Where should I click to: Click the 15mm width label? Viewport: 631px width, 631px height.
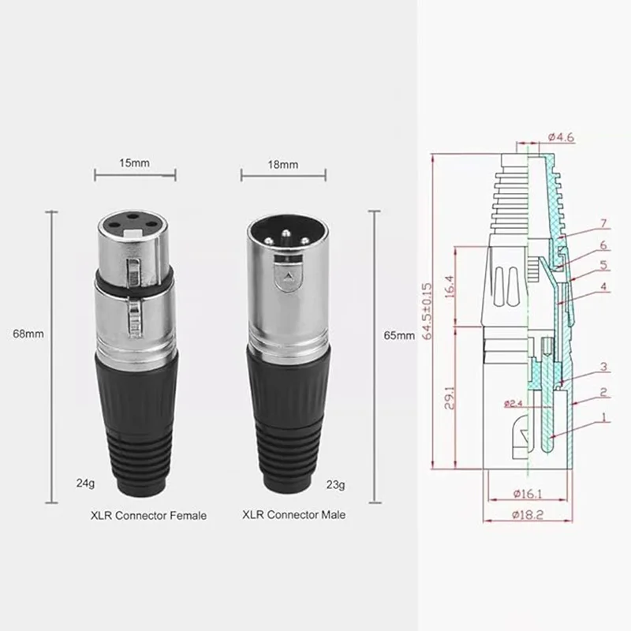coord(134,163)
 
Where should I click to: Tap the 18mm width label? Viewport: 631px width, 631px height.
coord(283,165)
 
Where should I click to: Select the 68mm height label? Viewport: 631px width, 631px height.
coord(28,334)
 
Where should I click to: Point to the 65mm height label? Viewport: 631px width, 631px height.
coord(399,335)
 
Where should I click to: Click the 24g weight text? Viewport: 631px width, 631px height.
coord(85,483)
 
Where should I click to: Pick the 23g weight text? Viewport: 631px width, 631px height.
coord(335,485)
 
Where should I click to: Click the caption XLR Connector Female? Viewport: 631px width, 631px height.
coord(148,516)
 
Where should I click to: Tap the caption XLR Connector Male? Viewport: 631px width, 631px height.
coord(293,515)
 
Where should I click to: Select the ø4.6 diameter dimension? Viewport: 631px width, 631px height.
coord(561,137)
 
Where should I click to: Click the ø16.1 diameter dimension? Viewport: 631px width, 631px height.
coord(528,494)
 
